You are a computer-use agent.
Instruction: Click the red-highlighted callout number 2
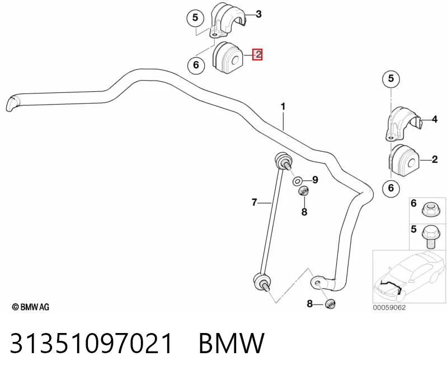click(x=257, y=54)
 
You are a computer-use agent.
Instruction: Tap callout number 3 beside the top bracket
click(x=258, y=13)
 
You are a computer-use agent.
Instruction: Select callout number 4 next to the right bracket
click(x=435, y=119)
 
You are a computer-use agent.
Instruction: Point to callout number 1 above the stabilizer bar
click(x=283, y=107)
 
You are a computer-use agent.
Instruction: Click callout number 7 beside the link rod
click(x=255, y=202)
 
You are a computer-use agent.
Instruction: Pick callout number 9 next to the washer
click(x=315, y=180)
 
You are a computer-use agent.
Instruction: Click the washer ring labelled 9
click(x=298, y=181)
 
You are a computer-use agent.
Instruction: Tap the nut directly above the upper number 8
click(x=303, y=191)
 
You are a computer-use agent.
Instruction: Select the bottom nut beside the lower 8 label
click(x=330, y=304)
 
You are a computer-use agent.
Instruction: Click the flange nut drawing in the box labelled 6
click(x=429, y=210)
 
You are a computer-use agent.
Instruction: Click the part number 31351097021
click(x=91, y=343)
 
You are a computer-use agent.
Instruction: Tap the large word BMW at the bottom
click(x=232, y=343)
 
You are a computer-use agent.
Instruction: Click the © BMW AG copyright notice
click(x=31, y=307)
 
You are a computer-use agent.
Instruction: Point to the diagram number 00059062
click(x=389, y=307)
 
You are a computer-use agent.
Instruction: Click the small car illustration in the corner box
click(x=410, y=276)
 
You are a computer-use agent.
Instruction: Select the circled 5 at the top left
click(x=195, y=18)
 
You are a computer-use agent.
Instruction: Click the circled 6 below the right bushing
click(x=391, y=187)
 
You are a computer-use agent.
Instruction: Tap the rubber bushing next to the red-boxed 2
click(x=228, y=58)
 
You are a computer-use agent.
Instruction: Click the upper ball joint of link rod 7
click(x=283, y=161)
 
